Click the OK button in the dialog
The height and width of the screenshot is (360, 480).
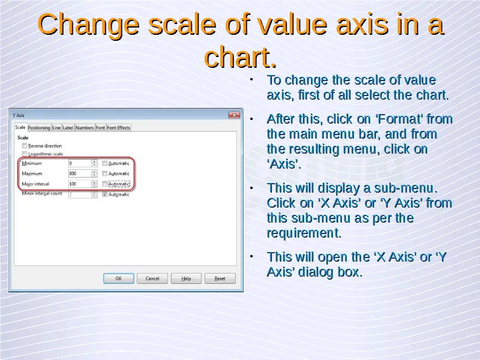tap(118, 278)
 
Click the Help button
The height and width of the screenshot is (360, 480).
tap(186, 278)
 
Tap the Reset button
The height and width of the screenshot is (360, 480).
tap(220, 278)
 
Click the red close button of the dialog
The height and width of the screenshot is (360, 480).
tap(234, 115)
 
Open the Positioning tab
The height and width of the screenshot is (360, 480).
tap(39, 128)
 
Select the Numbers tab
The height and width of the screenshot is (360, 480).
tap(84, 128)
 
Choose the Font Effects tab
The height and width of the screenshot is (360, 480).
tap(118, 128)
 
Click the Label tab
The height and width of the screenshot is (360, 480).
tap(68, 128)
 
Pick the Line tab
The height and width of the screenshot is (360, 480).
tap(56, 128)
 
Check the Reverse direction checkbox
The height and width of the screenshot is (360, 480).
tap(25, 146)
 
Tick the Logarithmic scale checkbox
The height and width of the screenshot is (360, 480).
tap(25, 154)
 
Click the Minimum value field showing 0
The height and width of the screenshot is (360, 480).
tap(80, 163)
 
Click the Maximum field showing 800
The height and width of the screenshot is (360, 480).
tap(80, 173)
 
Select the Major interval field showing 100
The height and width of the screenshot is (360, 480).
tap(80, 184)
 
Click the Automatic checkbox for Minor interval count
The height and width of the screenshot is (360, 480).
tap(104, 194)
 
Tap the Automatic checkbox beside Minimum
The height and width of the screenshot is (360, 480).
tap(104, 163)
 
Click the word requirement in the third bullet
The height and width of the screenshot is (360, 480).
tap(304, 233)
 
